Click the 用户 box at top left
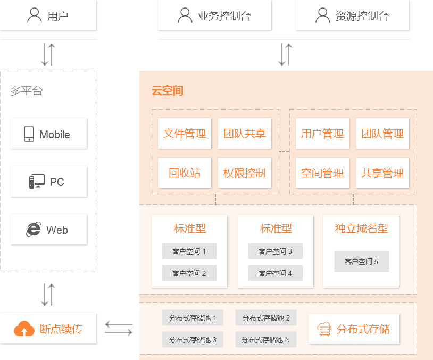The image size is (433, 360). tap(48, 15)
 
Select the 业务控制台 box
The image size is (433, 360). tap(214, 15)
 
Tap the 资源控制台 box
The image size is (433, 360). tap(352, 15)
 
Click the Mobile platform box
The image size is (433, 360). tap(48, 134)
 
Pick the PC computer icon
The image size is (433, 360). tap(37, 182)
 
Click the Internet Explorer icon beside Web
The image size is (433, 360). tap(34, 230)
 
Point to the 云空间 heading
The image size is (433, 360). tap(168, 91)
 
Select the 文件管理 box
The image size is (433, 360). tap(185, 134)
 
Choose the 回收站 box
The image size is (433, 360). tap(185, 173)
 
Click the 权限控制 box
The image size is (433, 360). tap(245, 173)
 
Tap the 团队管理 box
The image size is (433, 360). tap(382, 134)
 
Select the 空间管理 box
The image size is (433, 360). tap(322, 173)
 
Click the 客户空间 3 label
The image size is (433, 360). tap(275, 251)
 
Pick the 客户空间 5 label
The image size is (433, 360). tap(361, 261)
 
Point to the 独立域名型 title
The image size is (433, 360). tap(361, 228)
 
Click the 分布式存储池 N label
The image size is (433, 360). tap(266, 340)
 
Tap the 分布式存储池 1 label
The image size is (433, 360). tap(193, 318)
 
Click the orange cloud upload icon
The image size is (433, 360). tap(24, 329)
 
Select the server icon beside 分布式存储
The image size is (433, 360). tap(323, 329)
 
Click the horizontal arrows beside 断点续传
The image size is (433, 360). tap(118, 328)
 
